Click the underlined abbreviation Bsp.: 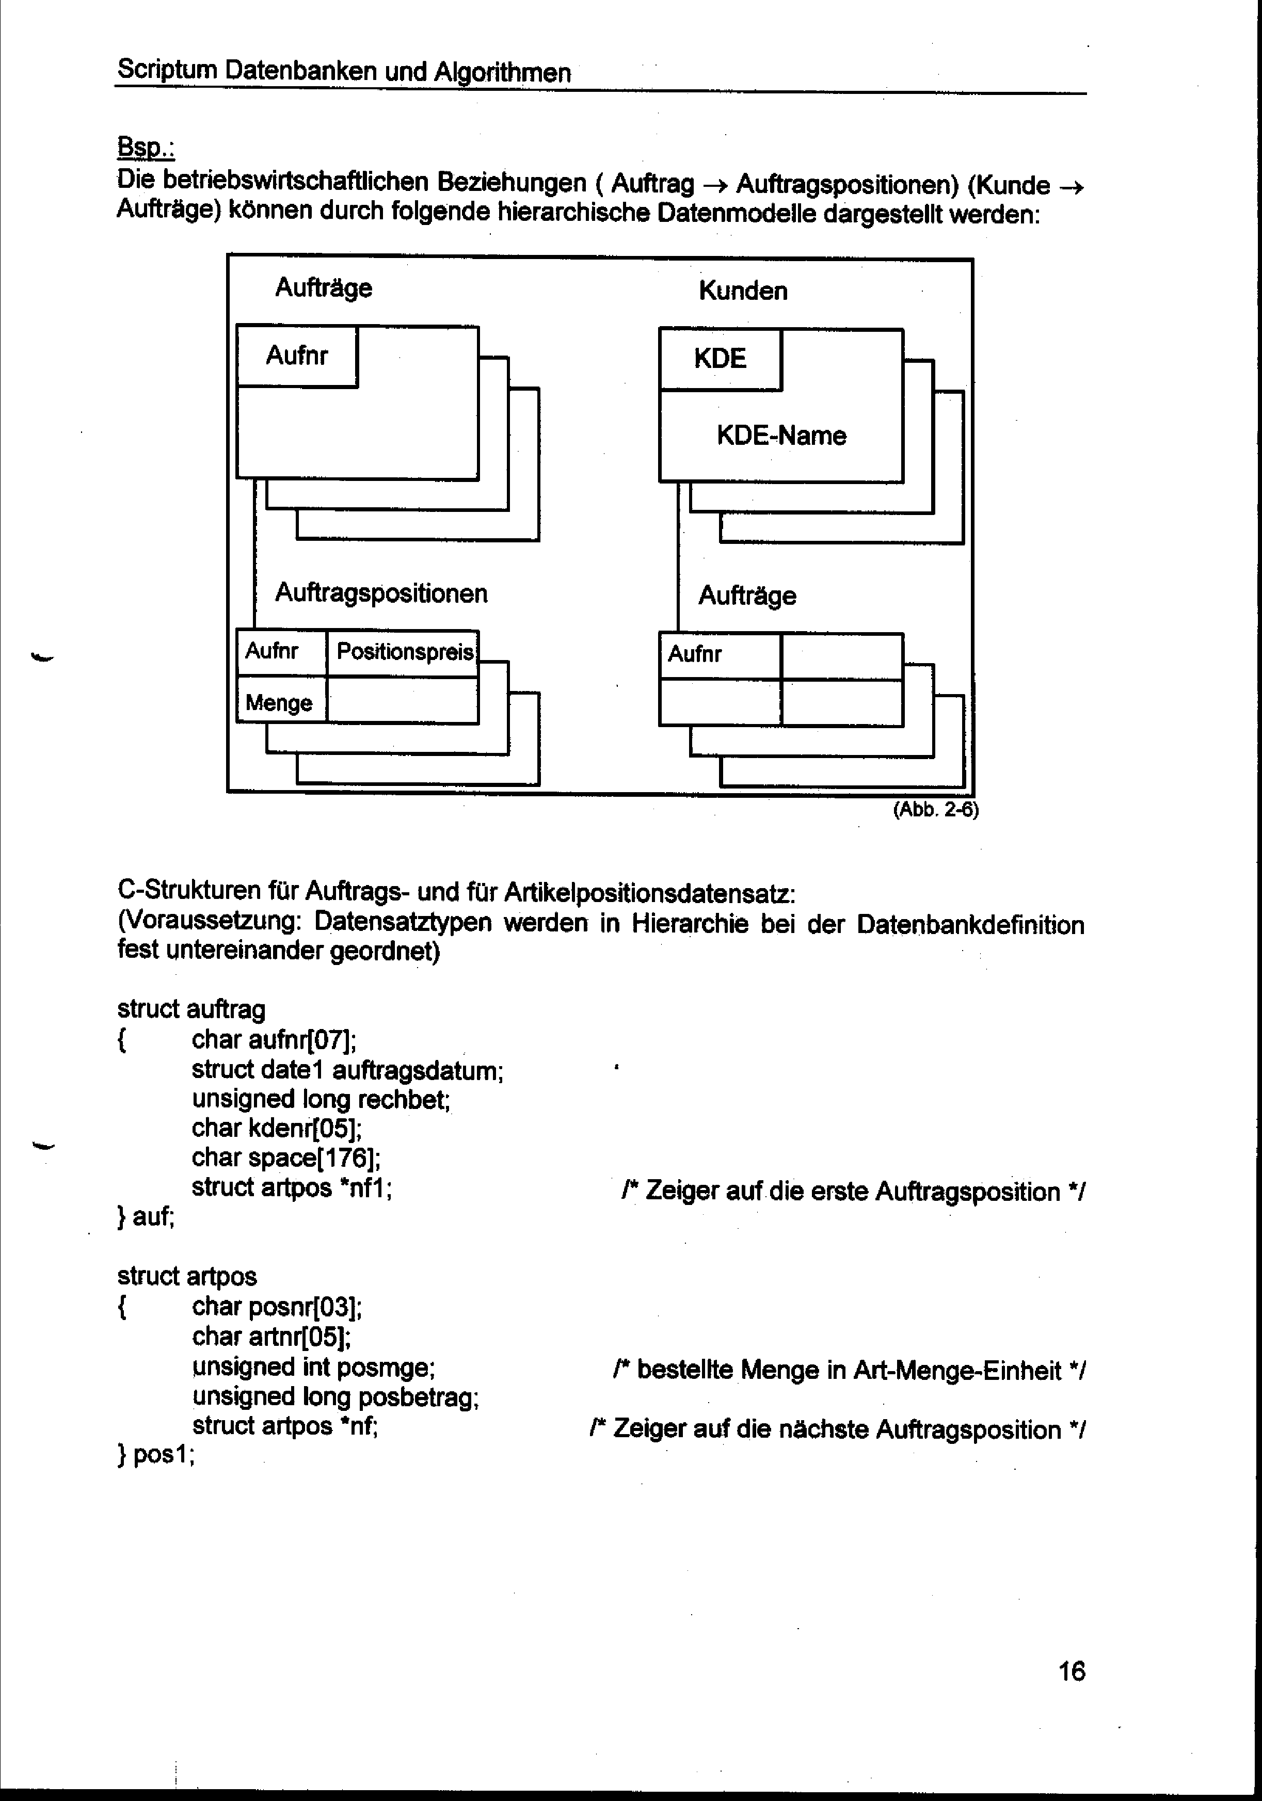click(x=146, y=148)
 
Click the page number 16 click(x=1072, y=1671)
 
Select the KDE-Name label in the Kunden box click(x=781, y=436)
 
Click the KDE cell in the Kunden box click(x=720, y=359)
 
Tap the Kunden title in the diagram click(x=743, y=291)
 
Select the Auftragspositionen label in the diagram click(x=381, y=593)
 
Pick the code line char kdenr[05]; click(x=276, y=1129)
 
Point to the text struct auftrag click(x=191, y=1009)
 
